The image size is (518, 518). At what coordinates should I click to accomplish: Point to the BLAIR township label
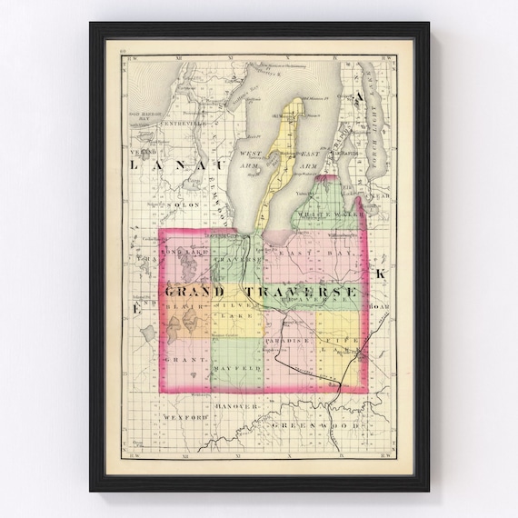tap(182, 308)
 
